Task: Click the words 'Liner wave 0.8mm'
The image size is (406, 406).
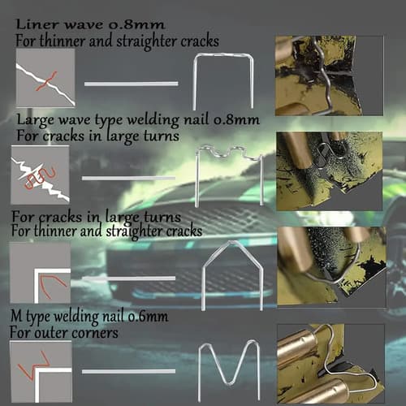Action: pyautogui.click(x=90, y=25)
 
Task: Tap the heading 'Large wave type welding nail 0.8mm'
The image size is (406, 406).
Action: pyautogui.click(x=138, y=119)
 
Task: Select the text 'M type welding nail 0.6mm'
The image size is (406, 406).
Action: pyautogui.click(x=89, y=317)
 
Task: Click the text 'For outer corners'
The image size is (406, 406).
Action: pyautogui.click(x=64, y=332)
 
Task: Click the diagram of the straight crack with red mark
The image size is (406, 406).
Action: pyautogui.click(x=45, y=78)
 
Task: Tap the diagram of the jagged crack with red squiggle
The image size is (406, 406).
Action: pyautogui.click(x=40, y=175)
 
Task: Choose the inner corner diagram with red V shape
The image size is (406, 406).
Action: pyautogui.click(x=41, y=273)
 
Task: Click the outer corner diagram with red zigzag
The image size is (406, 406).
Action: pyautogui.click(x=41, y=371)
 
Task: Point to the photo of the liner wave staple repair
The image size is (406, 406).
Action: pyautogui.click(x=329, y=76)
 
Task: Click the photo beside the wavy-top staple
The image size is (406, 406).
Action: pyautogui.click(x=329, y=171)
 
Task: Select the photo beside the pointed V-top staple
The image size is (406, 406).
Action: pyautogui.click(x=332, y=267)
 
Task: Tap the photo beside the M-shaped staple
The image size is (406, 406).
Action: pyautogui.click(x=330, y=364)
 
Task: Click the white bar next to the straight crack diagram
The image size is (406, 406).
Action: pyautogui.click(x=132, y=84)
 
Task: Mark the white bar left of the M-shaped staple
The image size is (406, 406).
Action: pyautogui.click(x=128, y=372)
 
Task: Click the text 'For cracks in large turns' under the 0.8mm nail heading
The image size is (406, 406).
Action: pyautogui.click(x=98, y=136)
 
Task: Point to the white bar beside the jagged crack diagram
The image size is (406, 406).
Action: pyautogui.click(x=128, y=179)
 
